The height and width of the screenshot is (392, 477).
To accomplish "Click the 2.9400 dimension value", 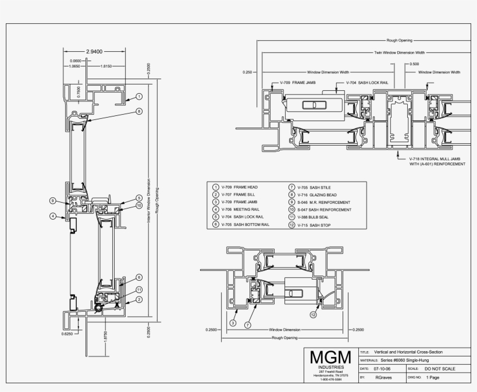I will (94, 52).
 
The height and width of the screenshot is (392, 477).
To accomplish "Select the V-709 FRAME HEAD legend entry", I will (240, 187).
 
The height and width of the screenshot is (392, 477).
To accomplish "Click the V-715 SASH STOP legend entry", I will (314, 225).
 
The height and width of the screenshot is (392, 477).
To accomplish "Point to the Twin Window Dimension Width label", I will (399, 52).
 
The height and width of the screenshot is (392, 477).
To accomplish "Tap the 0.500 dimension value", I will (414, 63).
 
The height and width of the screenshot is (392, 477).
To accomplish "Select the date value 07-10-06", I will (382, 369).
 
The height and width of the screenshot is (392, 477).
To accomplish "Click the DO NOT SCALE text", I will (440, 369).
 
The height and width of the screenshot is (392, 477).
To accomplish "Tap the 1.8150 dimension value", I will (106, 66).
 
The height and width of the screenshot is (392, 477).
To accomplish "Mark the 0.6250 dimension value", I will (68, 334).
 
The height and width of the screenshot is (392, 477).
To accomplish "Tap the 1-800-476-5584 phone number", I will (330, 380).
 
